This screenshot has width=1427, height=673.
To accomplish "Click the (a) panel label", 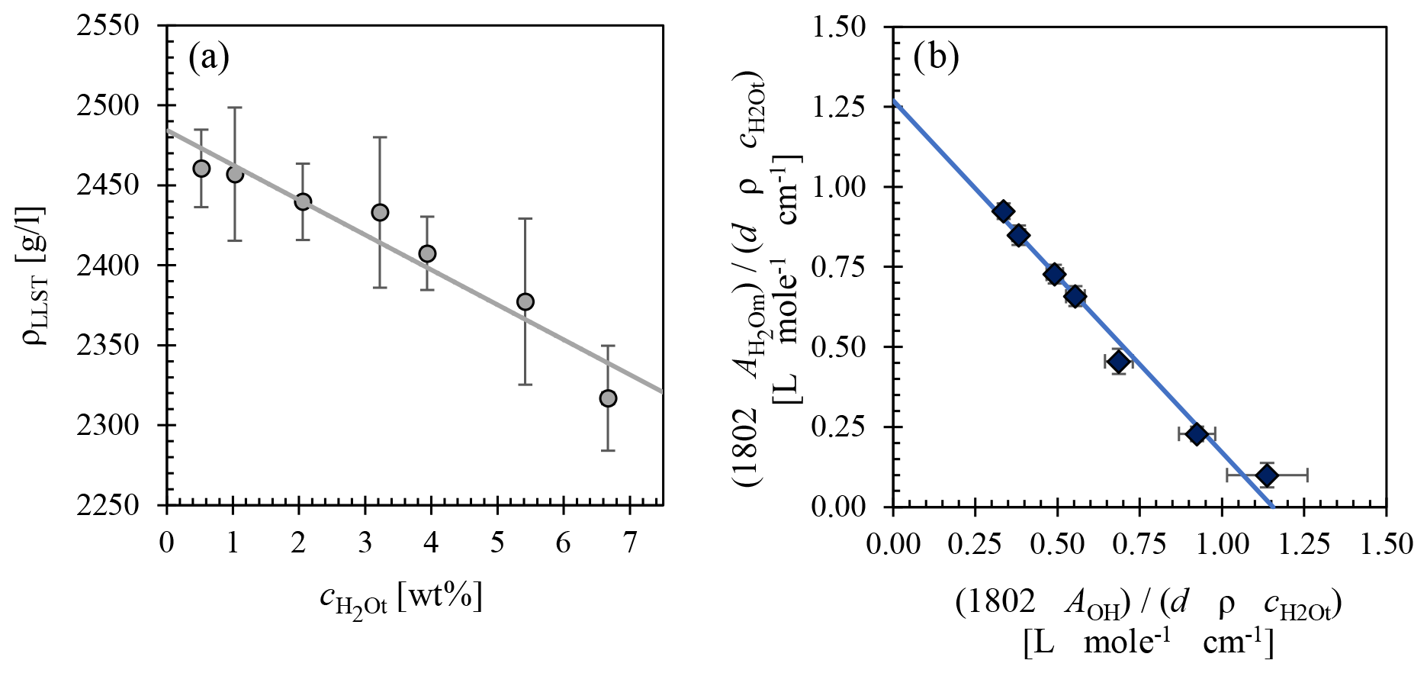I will pyautogui.click(x=209, y=59).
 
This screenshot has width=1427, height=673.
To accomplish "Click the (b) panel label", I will pyautogui.click(x=937, y=59).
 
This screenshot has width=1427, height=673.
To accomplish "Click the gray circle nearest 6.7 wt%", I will pyautogui.click(x=608, y=398).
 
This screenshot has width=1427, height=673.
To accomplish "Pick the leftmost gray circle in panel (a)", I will pyautogui.click(x=201, y=169).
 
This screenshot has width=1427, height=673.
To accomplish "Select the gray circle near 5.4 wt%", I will pyautogui.click(x=525, y=301).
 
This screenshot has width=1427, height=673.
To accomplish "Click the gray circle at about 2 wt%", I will pyautogui.click(x=303, y=201).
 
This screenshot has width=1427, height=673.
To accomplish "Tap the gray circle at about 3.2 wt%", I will pyautogui.click(x=380, y=212).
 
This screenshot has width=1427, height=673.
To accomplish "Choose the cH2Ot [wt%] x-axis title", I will pyautogui.click(x=401, y=599).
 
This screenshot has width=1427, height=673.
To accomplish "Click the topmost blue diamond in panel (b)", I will pyautogui.click(x=1004, y=211).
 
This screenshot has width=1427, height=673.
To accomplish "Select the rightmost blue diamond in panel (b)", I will pyautogui.click(x=1267, y=475).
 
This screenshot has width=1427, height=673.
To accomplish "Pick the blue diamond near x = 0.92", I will pyautogui.click(x=1197, y=433).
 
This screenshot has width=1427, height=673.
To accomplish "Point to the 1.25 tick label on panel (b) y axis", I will pyautogui.click(x=840, y=107).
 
